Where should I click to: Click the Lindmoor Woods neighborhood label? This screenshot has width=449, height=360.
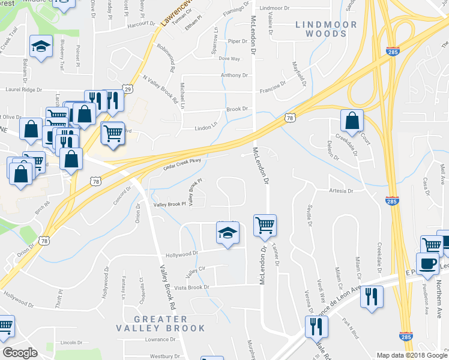tap(322, 29)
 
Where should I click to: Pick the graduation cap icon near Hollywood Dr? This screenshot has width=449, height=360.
tap(228, 233)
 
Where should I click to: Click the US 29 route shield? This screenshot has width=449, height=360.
tap(128, 89)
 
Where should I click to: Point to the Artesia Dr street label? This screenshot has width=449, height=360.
tap(341, 191)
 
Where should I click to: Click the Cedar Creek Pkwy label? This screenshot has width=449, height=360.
tap(187, 164)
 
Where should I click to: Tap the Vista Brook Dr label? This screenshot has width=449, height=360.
tap(191, 287)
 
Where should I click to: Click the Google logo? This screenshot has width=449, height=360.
tap(20, 352)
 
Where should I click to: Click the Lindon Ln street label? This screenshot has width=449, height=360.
tap(206, 128)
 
